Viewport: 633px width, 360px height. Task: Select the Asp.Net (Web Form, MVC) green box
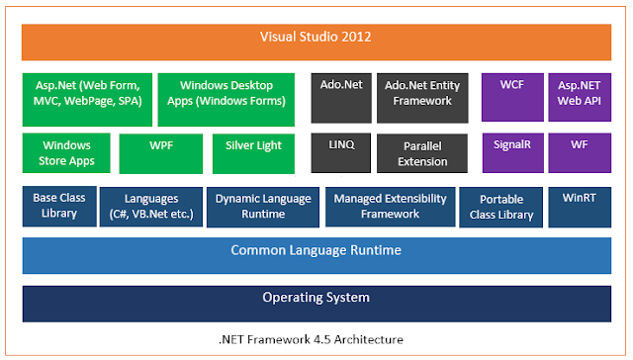[87, 98]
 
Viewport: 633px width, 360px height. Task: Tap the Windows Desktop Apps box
[226, 98]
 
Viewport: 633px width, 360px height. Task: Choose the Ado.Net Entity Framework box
[421, 96]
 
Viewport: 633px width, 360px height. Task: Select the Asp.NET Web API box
[579, 96]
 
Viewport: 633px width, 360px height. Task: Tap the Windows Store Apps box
[66, 153]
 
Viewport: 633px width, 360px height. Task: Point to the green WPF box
[160, 153]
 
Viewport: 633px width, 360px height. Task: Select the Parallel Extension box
[421, 153]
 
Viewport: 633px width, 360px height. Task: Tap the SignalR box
[511, 151]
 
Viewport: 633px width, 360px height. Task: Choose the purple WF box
[579, 151]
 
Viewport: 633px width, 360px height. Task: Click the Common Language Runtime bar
[316, 253]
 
